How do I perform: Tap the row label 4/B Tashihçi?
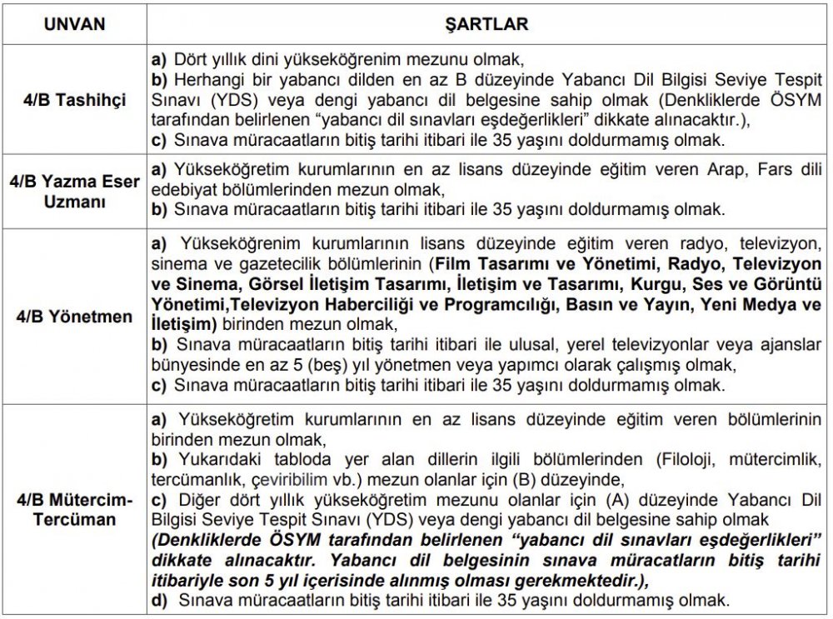(75, 100)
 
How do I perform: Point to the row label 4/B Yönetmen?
(75, 317)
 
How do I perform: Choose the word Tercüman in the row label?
(75, 519)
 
